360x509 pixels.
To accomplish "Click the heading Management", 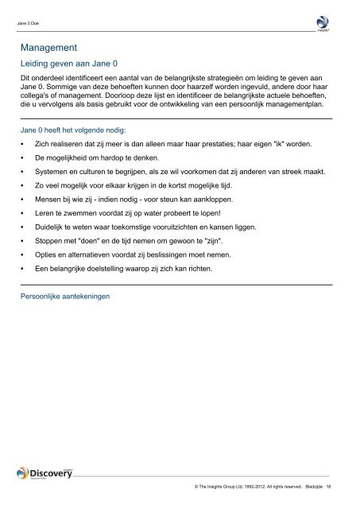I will pos(54,47).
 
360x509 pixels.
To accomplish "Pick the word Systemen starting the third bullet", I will pos(52,176).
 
